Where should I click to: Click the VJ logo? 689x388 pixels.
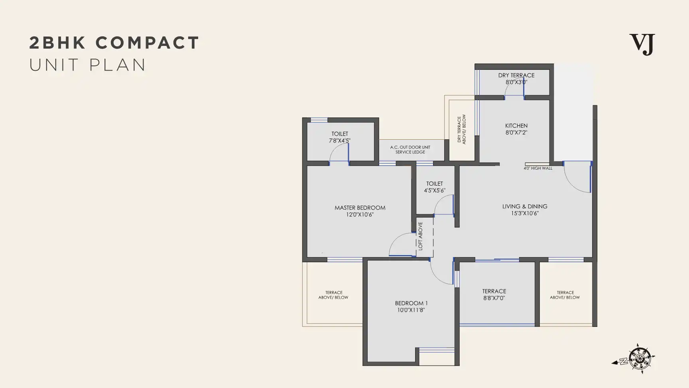[642, 44]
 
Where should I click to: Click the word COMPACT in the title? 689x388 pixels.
[147, 43]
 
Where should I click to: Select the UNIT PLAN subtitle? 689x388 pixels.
[88, 65]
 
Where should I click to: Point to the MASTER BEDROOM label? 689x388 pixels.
[360, 208]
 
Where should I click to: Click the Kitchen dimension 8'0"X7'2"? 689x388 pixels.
[516, 133]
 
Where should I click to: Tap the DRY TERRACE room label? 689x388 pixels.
[516, 75]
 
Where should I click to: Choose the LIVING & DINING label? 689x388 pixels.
[525, 206]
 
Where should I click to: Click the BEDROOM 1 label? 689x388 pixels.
[411, 303]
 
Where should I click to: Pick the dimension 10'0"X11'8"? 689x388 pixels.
[411, 310]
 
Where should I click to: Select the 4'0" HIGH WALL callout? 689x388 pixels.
[538, 168]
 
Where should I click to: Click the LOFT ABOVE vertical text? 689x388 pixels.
[420, 236]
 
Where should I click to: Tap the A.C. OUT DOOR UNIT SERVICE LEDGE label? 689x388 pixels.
[410, 150]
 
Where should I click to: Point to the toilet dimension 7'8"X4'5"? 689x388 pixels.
[340, 141]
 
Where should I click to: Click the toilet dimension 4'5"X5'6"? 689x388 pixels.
[435, 190]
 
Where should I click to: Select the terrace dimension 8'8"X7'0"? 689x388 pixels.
[494, 298]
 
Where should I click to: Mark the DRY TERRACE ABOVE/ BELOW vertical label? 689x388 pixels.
[461, 129]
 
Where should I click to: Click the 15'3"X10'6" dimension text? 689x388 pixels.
[525, 213]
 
